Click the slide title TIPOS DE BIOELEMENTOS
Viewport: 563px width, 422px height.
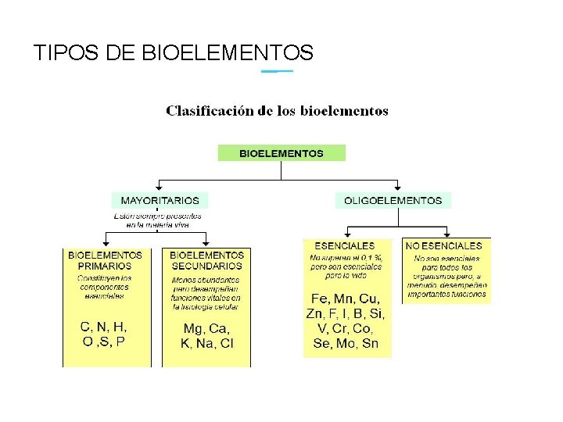[174, 53]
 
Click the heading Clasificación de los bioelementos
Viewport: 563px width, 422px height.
[277, 111]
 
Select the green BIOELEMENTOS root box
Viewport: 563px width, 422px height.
[281, 153]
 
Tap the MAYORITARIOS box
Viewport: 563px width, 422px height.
[160, 200]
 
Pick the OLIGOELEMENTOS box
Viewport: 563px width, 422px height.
[393, 200]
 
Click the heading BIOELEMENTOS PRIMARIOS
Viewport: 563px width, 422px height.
[105, 260]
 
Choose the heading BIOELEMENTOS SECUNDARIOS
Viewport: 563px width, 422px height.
[206, 260]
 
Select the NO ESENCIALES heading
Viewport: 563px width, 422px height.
[443, 245]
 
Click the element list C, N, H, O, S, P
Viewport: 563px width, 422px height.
[104, 334]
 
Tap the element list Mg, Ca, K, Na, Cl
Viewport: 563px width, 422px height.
[206, 337]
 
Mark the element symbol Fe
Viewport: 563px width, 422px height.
[320, 299]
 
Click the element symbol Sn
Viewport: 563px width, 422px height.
[370, 344]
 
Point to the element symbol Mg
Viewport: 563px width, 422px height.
[192, 329]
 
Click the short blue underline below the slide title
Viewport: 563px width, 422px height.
[277, 71]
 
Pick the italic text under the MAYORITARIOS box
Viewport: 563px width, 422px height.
[160, 220]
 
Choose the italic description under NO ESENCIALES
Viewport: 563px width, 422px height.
[447, 276]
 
